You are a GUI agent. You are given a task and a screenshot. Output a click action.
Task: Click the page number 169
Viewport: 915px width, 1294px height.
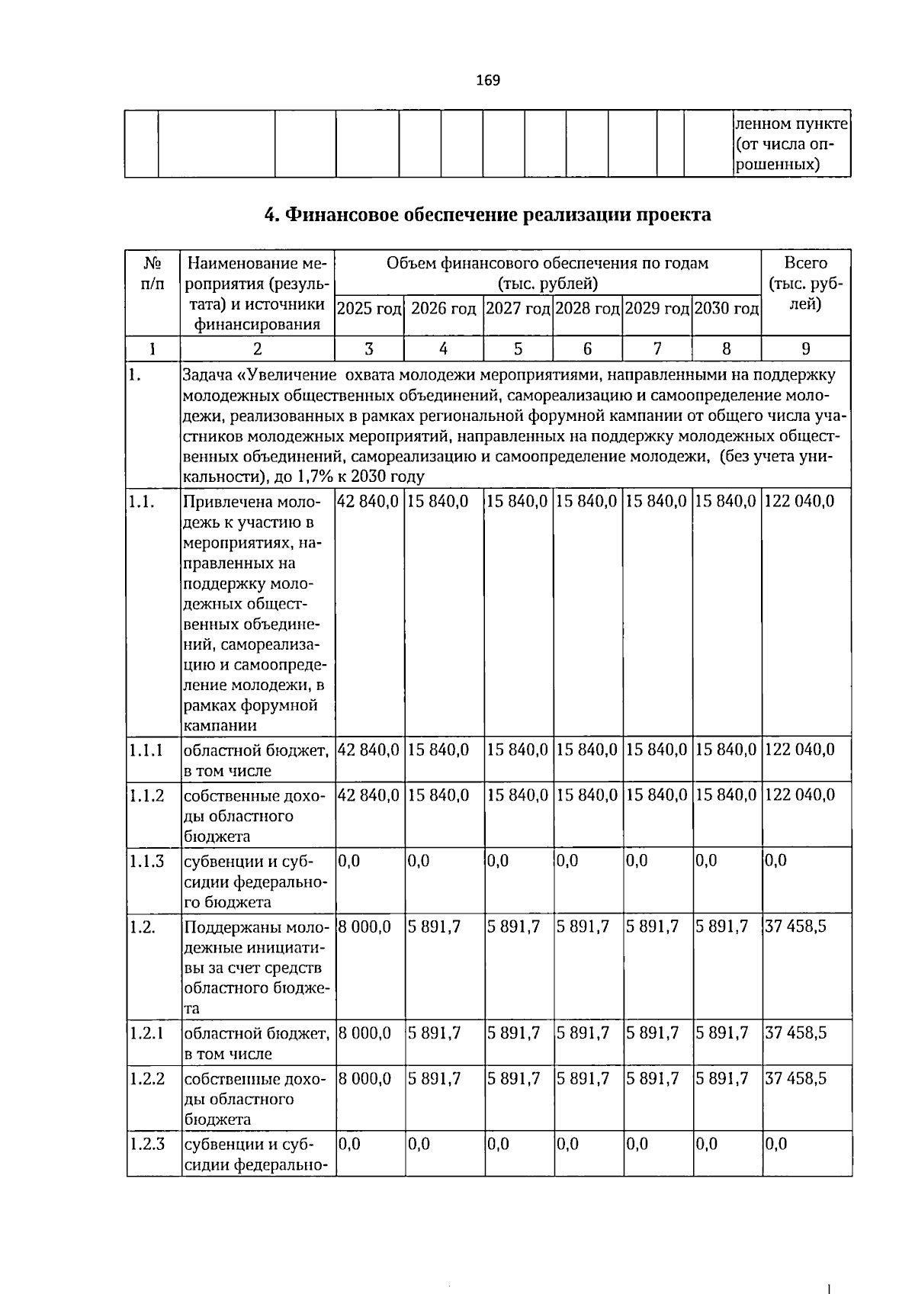(487, 80)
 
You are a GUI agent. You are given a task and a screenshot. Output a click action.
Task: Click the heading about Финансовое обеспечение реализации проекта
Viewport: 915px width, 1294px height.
(487, 215)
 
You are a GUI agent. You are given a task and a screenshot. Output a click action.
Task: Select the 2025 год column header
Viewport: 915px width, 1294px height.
(369, 309)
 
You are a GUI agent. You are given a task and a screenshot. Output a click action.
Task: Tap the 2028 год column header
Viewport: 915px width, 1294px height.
(587, 309)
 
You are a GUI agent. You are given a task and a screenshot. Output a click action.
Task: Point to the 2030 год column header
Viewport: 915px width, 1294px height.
(727, 309)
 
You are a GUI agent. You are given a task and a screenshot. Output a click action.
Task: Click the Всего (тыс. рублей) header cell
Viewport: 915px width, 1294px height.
(806, 283)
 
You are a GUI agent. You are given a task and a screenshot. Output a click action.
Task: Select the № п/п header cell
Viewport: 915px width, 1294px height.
(152, 273)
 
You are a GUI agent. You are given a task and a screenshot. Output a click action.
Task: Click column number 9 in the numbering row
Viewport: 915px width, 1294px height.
(806, 349)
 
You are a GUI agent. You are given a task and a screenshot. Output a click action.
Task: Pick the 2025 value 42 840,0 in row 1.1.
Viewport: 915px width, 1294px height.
(368, 501)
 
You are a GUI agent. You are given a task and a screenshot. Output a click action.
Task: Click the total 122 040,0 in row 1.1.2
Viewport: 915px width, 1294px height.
(799, 795)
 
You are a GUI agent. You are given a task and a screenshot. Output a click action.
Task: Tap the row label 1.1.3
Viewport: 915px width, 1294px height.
(147, 862)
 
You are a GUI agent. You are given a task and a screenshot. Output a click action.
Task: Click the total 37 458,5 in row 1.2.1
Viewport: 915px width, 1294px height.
(795, 1033)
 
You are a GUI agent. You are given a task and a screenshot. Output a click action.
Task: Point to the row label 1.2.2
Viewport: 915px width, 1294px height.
(147, 1079)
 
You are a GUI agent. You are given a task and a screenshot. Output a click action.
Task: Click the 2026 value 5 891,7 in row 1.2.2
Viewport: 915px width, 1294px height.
(435, 1079)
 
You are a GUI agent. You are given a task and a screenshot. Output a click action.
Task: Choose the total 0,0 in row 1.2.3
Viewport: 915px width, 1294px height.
(776, 1145)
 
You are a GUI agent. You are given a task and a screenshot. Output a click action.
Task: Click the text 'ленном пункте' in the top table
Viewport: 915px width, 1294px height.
(791, 124)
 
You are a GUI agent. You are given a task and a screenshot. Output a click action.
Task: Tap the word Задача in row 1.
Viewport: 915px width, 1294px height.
(207, 375)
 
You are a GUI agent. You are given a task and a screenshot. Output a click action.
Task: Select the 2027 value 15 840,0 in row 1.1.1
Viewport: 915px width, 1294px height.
(517, 750)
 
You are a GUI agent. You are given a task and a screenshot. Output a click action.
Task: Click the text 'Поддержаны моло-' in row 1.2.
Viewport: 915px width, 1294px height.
(256, 928)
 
